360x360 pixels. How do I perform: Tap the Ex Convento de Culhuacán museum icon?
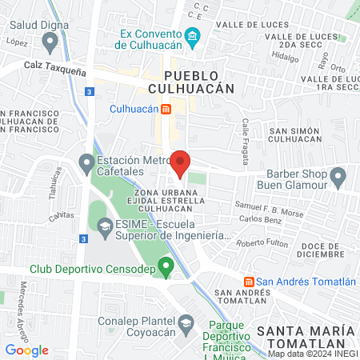[x=192, y=38]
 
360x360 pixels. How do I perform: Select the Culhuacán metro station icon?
[x=166, y=108]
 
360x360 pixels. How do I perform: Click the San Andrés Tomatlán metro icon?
[x=250, y=282]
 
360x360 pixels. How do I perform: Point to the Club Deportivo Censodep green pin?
[x=166, y=266]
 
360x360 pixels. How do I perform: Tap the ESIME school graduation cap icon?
[x=104, y=227]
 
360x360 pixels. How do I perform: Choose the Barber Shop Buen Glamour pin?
[x=338, y=175]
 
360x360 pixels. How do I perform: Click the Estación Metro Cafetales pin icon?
[x=86, y=165]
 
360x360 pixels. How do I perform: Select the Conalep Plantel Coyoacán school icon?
[x=186, y=323]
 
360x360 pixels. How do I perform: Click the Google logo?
[x=27, y=350]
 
